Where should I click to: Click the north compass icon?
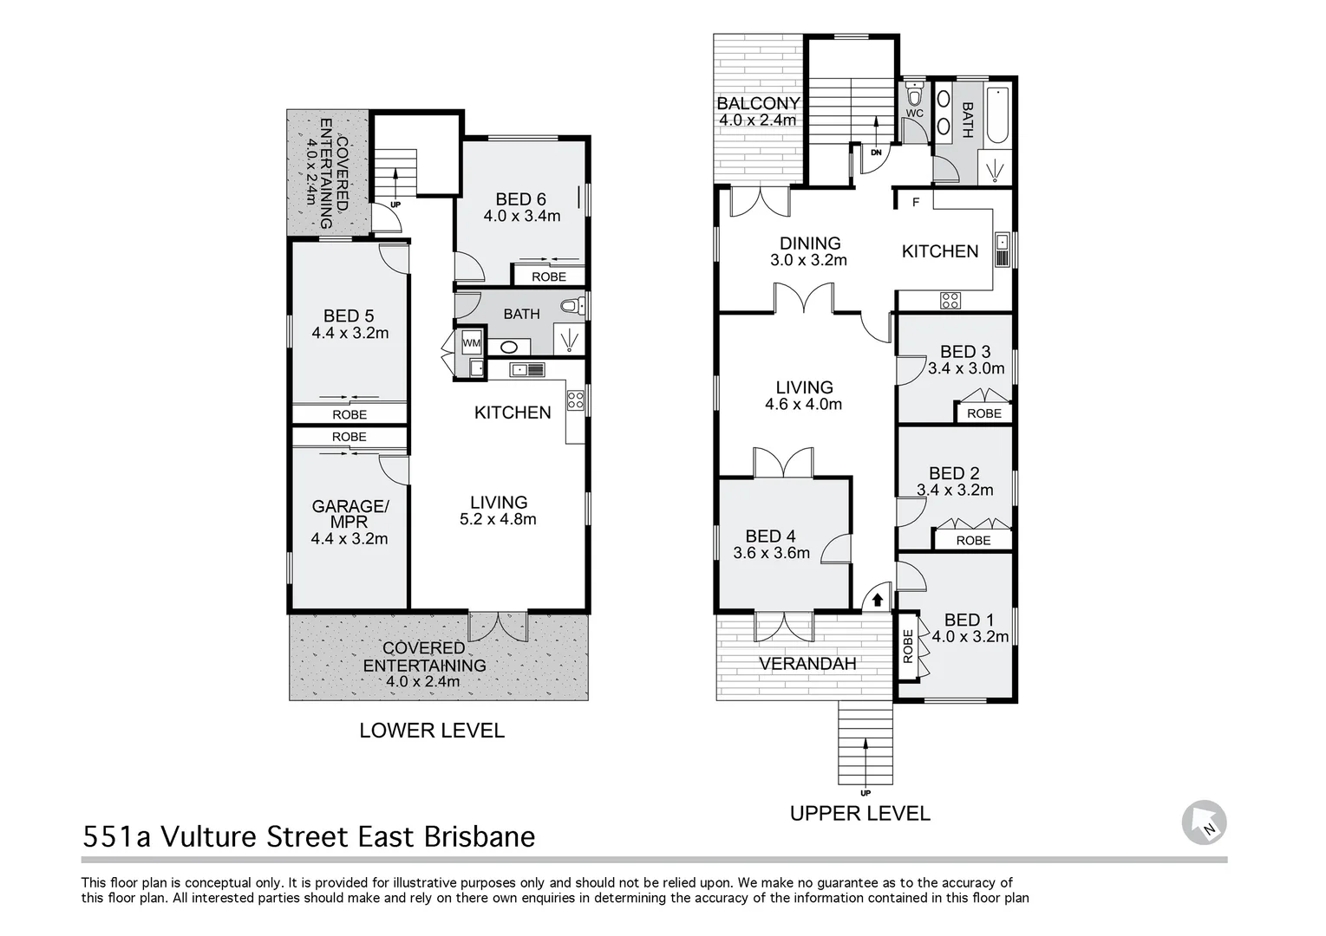1205,822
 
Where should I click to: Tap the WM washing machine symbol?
471,343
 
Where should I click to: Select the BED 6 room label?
521,199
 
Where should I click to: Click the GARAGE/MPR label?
349,514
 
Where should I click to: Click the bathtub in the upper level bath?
997,115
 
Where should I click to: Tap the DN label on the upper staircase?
876,153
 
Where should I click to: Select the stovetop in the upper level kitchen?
950,301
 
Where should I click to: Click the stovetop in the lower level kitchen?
575,400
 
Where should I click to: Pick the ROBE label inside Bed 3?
984,413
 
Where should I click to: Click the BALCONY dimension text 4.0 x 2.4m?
758,120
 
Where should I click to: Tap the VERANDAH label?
807,664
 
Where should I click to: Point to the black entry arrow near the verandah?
877,599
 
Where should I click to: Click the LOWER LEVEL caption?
432,731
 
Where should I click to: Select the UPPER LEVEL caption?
859,814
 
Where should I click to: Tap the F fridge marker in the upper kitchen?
915,202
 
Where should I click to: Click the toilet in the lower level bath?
572,305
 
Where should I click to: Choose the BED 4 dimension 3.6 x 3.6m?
771,553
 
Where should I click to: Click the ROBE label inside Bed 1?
908,646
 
